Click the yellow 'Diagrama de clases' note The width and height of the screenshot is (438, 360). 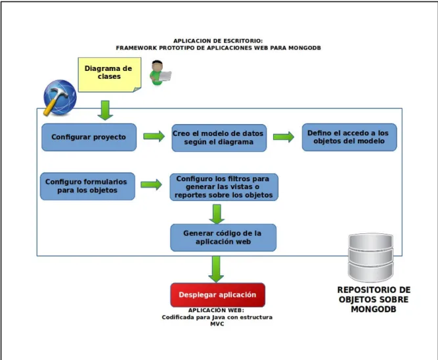[110, 75]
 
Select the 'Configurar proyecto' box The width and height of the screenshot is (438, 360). [89, 137]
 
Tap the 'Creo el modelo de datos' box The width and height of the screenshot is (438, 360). [219, 138]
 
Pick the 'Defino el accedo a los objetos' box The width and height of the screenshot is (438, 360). [349, 137]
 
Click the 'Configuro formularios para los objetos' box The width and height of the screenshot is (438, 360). [87, 186]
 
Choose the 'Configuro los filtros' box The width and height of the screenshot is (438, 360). [224, 187]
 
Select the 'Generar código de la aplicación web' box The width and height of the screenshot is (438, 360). [223, 238]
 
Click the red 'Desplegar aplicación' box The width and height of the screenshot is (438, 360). [217, 295]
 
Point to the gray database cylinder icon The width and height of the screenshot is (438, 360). [370, 258]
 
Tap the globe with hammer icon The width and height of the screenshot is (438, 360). [60, 97]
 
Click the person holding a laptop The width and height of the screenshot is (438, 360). [160, 73]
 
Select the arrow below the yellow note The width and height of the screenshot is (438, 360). [105, 110]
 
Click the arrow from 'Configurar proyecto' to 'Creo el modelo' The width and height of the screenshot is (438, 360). [154, 136]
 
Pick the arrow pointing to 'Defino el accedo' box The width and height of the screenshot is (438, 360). [284, 137]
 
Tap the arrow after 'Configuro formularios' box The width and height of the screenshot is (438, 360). [151, 185]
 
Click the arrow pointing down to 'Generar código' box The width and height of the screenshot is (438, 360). [217, 214]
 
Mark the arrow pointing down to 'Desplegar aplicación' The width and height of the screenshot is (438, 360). [216, 269]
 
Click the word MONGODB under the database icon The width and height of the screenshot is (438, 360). [374, 309]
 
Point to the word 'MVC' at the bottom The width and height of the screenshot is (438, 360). [217, 324]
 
